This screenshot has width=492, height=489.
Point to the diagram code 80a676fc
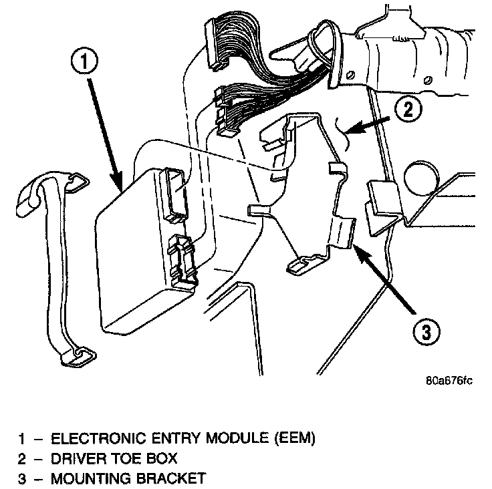449,381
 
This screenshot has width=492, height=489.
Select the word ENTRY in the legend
170,439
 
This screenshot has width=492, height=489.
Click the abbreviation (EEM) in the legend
291,439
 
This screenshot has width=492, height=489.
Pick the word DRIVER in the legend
75,459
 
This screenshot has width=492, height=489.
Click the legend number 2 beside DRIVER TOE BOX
23,459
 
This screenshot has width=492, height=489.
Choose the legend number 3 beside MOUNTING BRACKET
23,478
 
